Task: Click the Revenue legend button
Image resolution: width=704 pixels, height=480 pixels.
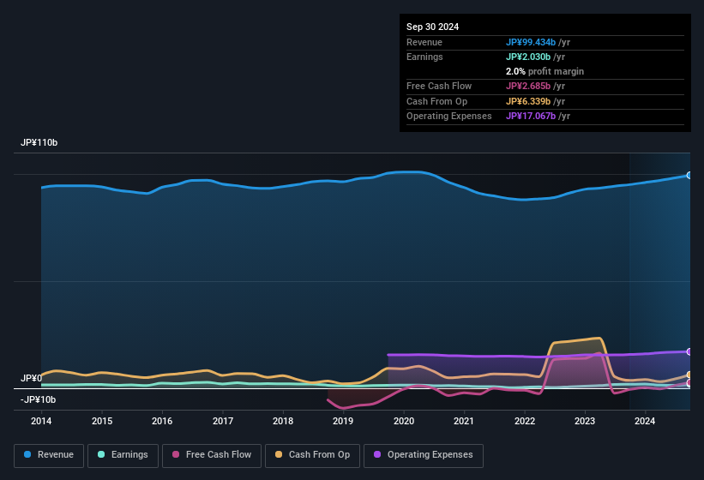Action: coord(49,455)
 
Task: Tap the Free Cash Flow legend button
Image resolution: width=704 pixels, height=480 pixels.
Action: coord(212,455)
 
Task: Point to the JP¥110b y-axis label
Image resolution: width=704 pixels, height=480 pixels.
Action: coord(39,142)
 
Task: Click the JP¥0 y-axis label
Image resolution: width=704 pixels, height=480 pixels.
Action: coord(31,378)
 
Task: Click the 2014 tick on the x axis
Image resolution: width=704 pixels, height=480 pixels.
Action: coord(41,421)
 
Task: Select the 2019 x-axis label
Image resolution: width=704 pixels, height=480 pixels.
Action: coord(343,421)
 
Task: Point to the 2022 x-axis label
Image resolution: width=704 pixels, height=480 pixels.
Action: coord(525,421)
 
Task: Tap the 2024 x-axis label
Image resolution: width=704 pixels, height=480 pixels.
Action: coord(645,421)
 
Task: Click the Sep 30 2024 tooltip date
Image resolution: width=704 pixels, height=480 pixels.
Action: coord(433,27)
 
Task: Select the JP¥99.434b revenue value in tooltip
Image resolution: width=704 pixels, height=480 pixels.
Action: coord(537,42)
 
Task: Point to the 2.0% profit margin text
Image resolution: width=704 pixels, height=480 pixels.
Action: coord(545,71)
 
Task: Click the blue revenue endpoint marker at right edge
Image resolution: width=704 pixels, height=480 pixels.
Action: coord(689,175)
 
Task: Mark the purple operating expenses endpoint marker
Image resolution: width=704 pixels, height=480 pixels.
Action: coord(689,351)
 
